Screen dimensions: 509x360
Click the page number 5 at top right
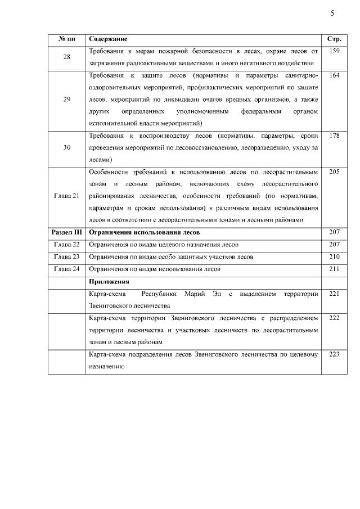point(332,13)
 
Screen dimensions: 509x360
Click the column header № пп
point(66,39)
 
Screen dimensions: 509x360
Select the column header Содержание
point(108,39)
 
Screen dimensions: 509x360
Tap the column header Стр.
point(334,39)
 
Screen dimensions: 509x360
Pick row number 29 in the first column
point(66,100)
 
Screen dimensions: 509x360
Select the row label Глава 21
point(66,195)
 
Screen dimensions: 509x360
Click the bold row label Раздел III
point(66,232)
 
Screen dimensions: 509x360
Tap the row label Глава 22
point(66,245)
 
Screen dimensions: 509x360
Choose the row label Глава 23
point(66,257)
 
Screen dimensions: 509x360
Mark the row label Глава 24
point(66,269)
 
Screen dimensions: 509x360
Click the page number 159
point(334,52)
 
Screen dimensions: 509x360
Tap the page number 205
point(334,172)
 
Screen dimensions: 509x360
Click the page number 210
point(334,257)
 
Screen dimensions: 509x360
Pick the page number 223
point(334,354)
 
